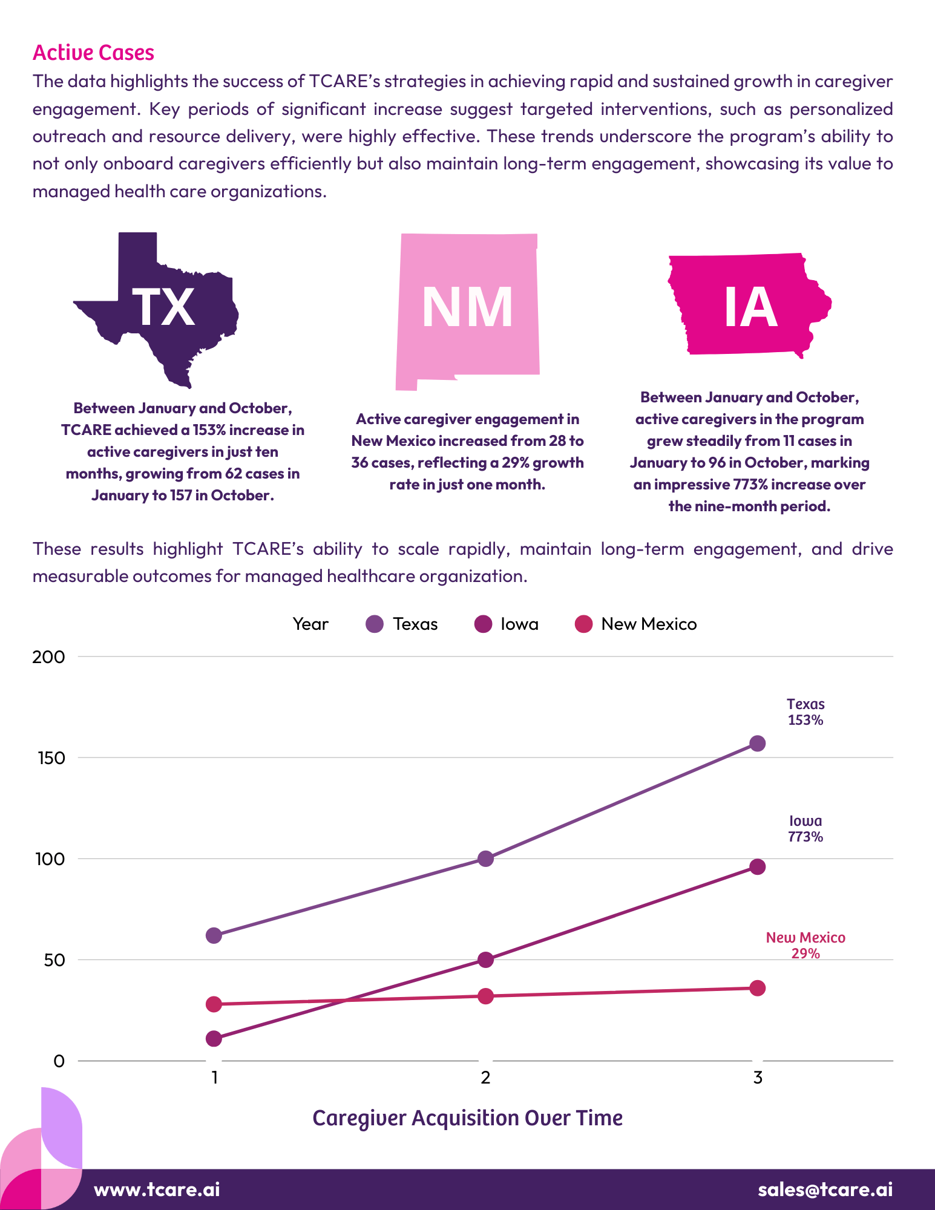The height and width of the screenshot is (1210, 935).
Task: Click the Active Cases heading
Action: coord(93,53)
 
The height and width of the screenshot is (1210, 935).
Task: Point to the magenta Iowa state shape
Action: coord(749,306)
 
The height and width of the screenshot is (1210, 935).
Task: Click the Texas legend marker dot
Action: coord(375,624)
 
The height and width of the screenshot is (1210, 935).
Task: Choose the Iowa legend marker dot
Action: coord(484,624)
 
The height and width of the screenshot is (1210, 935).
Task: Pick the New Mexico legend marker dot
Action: coord(583,624)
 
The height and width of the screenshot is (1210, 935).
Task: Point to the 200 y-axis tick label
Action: coord(48,657)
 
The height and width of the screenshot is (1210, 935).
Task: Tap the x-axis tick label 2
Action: coord(485,1078)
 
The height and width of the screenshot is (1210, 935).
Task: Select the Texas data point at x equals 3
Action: coord(757,744)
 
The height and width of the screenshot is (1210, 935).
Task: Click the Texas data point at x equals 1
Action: coord(214,935)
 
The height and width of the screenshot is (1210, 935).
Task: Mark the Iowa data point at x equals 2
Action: coord(485,960)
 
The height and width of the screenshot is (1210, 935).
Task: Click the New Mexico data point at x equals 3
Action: coord(757,988)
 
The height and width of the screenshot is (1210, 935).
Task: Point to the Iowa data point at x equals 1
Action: coord(214,1039)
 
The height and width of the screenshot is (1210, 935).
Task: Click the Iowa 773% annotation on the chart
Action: coord(805,829)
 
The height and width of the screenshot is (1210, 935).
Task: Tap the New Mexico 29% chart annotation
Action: coord(805,946)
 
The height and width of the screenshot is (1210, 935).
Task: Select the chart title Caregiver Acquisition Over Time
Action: coord(467,1118)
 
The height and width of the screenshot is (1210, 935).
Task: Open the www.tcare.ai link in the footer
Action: coord(157,1189)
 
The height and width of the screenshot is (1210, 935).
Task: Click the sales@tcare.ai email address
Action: coord(825,1189)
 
